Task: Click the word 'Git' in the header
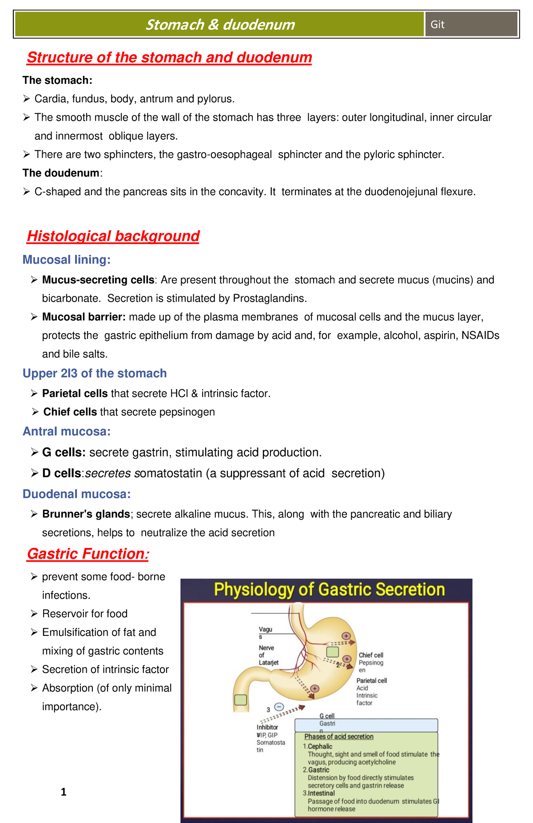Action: pos(437,24)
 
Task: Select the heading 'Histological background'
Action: pos(113,236)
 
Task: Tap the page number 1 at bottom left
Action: pos(64,792)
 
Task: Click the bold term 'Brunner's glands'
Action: pos(86,514)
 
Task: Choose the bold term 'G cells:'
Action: pos(64,453)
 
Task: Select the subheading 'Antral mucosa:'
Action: pos(67,431)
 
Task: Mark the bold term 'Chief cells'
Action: pos(70,412)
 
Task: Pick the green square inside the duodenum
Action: pos(240,700)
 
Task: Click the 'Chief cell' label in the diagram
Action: pos(371,655)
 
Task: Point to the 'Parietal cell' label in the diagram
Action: pos(372,681)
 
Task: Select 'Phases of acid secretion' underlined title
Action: pos(339,736)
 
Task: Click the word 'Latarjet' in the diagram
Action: pos(269,662)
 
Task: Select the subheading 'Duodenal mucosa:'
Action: pos(77,494)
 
